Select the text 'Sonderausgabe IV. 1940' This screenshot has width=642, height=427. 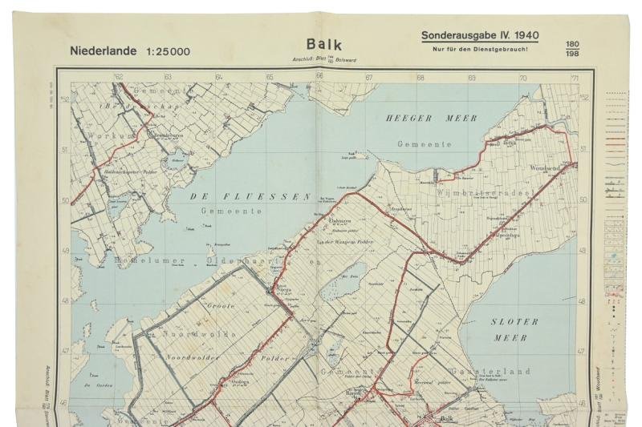pos(480,35)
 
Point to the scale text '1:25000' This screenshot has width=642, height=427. pos(169,52)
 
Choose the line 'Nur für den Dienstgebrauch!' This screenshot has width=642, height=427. pos(479,50)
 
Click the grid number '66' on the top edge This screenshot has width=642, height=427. pos(319,77)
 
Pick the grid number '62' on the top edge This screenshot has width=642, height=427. pos(119,77)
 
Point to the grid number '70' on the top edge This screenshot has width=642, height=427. pos(522,78)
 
